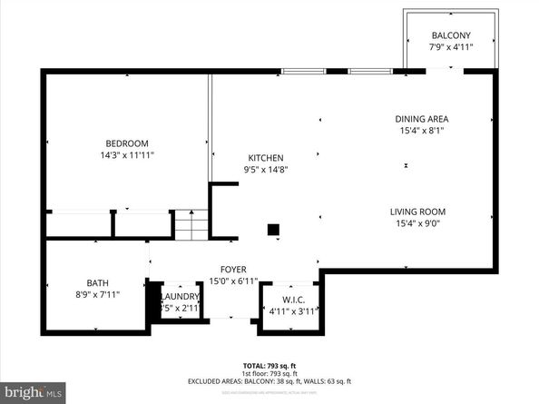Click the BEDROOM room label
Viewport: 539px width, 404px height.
127,143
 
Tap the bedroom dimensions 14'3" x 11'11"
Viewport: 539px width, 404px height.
127,155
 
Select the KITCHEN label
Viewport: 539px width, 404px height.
264,157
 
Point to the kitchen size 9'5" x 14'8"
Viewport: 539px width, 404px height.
264,169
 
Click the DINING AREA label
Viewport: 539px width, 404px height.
421,119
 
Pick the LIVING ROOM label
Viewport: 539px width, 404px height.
417,212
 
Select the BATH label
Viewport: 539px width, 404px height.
97,282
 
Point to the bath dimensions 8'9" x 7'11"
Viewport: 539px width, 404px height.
97,294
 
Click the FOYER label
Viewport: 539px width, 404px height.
233,270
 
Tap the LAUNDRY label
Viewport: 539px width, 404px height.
180,297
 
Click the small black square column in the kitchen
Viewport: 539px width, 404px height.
272,231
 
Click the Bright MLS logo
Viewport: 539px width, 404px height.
34,392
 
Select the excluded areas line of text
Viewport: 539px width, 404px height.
269,381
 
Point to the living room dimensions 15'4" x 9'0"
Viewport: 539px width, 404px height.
417,224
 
